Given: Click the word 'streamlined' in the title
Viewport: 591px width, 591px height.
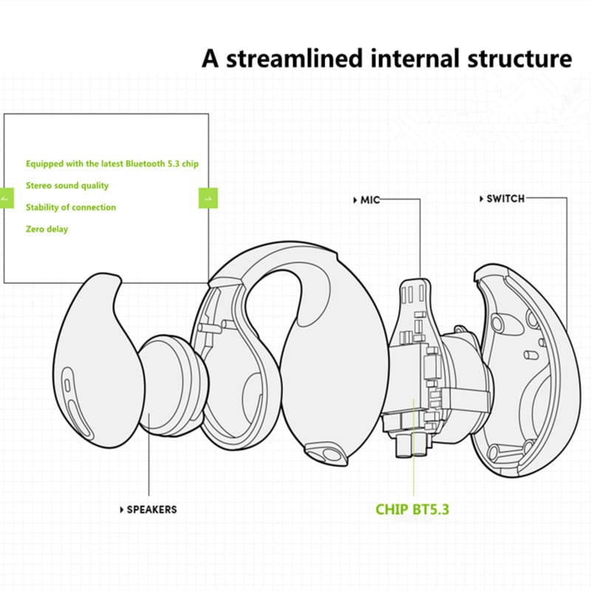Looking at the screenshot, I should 293,58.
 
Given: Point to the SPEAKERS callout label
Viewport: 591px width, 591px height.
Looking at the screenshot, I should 151,509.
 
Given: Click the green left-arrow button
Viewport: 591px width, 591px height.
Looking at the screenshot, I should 7,198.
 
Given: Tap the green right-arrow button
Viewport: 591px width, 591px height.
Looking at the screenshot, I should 208,198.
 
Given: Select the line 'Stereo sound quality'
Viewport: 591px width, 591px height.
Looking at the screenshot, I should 67,185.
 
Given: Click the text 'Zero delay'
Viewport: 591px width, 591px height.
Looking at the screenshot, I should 47,229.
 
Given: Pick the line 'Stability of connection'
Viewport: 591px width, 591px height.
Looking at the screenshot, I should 71,208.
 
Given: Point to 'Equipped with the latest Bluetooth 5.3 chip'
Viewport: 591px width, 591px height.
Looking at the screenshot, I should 112,163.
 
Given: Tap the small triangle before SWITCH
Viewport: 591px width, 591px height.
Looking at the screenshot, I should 481,199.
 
